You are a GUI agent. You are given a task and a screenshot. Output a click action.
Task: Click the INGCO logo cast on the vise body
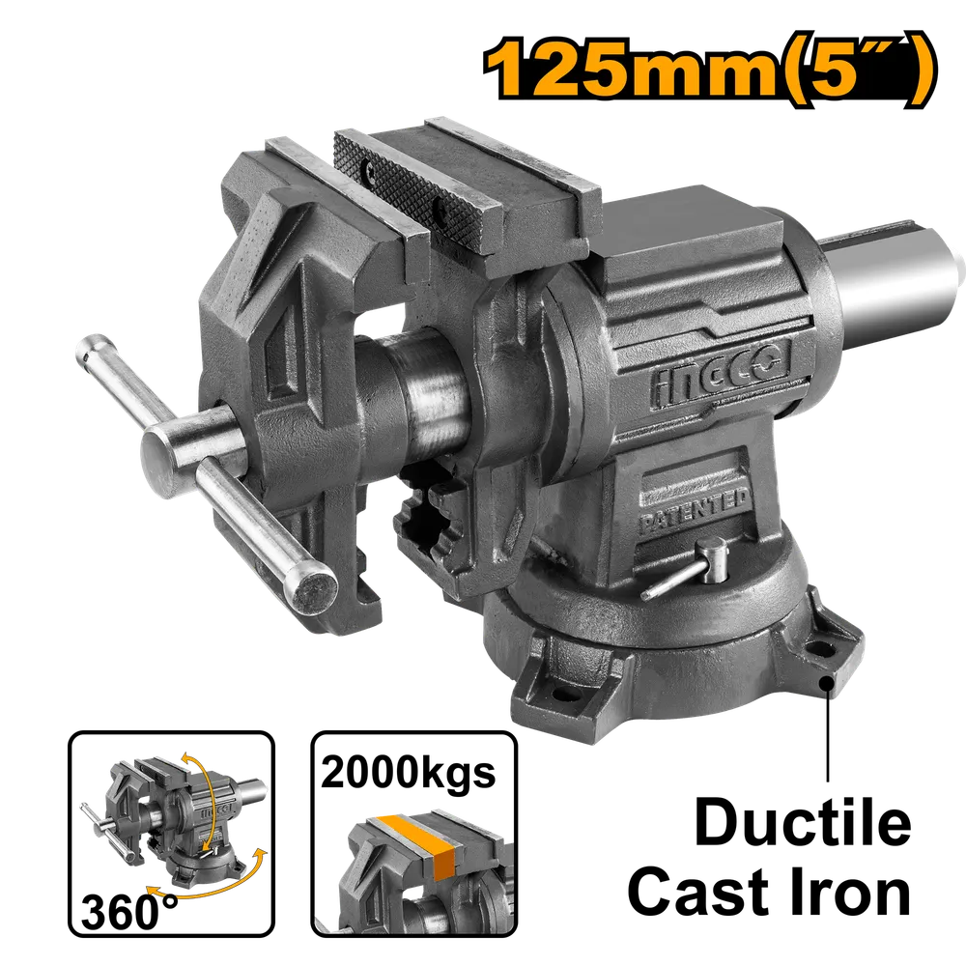point(721,374)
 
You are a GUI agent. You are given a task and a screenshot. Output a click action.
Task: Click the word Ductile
point(803,822)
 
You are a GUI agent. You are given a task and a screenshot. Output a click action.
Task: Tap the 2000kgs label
point(408,773)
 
